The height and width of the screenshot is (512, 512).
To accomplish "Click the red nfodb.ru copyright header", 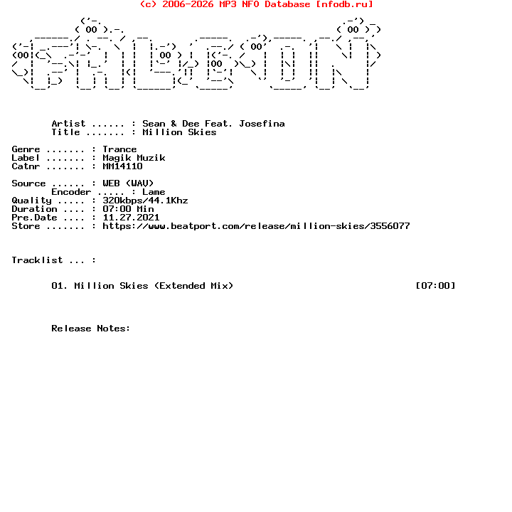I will coord(256,4).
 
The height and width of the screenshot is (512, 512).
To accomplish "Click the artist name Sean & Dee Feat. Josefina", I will coord(213,124).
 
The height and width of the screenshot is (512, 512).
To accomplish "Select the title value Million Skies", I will coord(179,132).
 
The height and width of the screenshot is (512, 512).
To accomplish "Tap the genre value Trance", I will coord(119,149).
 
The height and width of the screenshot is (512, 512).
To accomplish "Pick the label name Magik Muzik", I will coord(134,158).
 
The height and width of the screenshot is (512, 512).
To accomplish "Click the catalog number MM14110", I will coord(122,166).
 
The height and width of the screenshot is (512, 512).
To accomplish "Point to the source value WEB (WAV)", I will coord(128,183).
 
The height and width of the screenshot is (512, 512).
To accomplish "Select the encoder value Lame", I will coord(154,192).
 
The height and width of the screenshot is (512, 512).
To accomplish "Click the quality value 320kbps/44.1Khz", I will coord(145,201).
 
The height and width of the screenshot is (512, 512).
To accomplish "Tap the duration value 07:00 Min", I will coord(128,209).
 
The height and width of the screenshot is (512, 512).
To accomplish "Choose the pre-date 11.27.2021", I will coord(131,218).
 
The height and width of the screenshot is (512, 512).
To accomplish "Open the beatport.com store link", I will coord(256,226).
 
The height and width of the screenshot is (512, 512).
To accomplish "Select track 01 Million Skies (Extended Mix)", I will coord(142,286).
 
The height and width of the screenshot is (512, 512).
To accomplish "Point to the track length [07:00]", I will coord(435,286).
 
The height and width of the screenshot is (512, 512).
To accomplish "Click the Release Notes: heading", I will coord(91,329).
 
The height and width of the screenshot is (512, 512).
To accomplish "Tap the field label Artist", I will coord(68,124).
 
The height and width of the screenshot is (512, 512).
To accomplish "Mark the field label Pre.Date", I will coord(34,218).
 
